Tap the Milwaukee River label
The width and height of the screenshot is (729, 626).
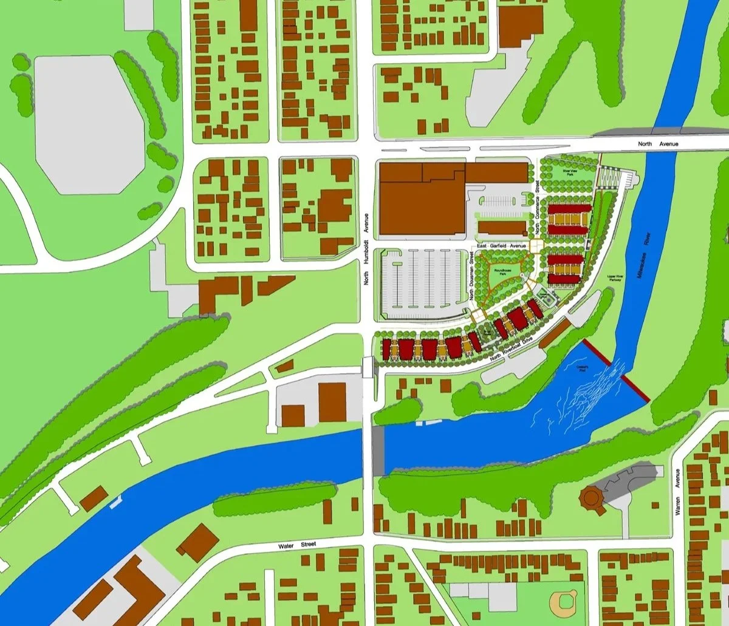(646, 258)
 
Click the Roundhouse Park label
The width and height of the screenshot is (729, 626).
(500, 273)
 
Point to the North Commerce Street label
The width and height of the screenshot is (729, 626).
(537, 209)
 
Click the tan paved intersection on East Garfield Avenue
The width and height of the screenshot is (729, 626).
(535, 245)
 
